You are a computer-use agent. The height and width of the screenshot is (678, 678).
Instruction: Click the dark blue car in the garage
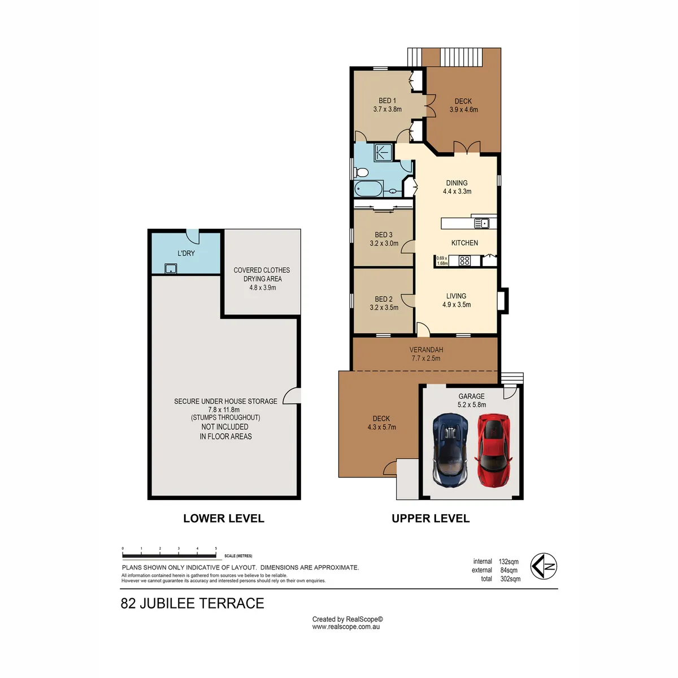pyautogui.click(x=450, y=450)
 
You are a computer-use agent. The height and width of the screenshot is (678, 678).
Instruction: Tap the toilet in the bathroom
pyautogui.click(x=361, y=172)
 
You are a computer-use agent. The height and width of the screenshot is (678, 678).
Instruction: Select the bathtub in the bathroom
pyautogui.click(x=369, y=189)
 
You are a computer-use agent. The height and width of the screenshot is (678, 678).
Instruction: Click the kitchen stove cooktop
pyautogui.click(x=464, y=260)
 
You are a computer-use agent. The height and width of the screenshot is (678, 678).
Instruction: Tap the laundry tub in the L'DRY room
pyautogui.click(x=171, y=269)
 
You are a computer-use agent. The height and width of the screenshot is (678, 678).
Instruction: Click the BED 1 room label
pyautogui.click(x=388, y=101)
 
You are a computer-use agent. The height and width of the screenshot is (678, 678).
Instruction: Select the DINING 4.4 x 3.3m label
pyautogui.click(x=457, y=187)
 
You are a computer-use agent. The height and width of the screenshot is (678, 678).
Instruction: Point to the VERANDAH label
pyautogui.click(x=426, y=350)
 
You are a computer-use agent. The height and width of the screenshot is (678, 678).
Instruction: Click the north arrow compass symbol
pyautogui.click(x=544, y=566)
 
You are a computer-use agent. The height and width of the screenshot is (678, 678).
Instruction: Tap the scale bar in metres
pyautogui.click(x=169, y=556)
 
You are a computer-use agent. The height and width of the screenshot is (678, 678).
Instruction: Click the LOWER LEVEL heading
pyautogui.click(x=224, y=518)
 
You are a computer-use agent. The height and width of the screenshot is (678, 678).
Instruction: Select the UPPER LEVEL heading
pyautogui.click(x=431, y=518)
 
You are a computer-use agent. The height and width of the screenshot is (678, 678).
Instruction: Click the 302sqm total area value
pyautogui.click(x=510, y=579)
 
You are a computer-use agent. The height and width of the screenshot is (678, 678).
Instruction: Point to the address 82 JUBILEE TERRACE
pyautogui.click(x=193, y=603)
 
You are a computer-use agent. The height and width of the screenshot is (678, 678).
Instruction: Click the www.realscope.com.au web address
pyautogui.click(x=346, y=627)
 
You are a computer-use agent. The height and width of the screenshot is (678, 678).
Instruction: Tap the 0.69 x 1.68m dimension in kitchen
pyautogui.click(x=442, y=260)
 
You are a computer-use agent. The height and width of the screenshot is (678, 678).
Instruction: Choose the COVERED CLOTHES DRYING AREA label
pyautogui.click(x=262, y=279)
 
